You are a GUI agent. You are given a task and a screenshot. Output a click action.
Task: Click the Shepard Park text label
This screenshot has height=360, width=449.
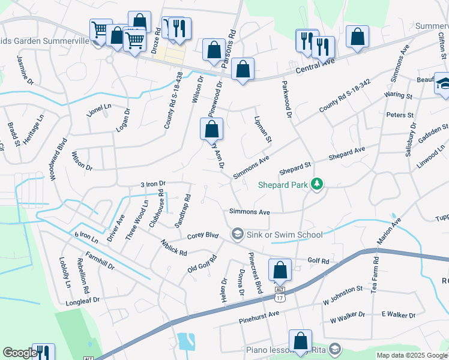282,185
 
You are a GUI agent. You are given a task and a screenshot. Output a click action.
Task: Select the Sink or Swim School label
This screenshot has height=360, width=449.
285,235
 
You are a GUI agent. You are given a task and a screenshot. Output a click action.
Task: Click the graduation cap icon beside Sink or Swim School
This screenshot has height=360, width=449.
238,234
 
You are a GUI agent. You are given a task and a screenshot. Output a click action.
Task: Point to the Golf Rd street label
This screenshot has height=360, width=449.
318,261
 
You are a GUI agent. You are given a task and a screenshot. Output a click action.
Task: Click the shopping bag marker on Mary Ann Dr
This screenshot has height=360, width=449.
211,129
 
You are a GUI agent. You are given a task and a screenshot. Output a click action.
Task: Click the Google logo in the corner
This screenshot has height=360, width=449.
20,353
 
